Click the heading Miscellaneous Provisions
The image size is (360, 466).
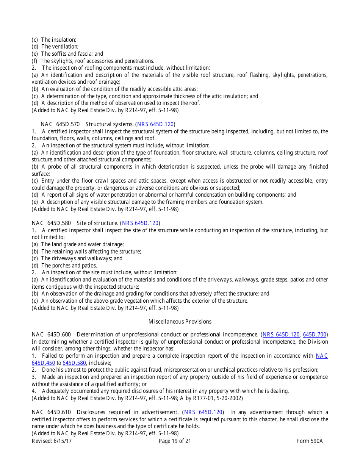(180, 322)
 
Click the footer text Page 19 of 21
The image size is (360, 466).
(175, 441)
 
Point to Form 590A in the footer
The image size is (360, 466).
(309, 441)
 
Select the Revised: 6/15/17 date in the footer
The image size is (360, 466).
(52, 441)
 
